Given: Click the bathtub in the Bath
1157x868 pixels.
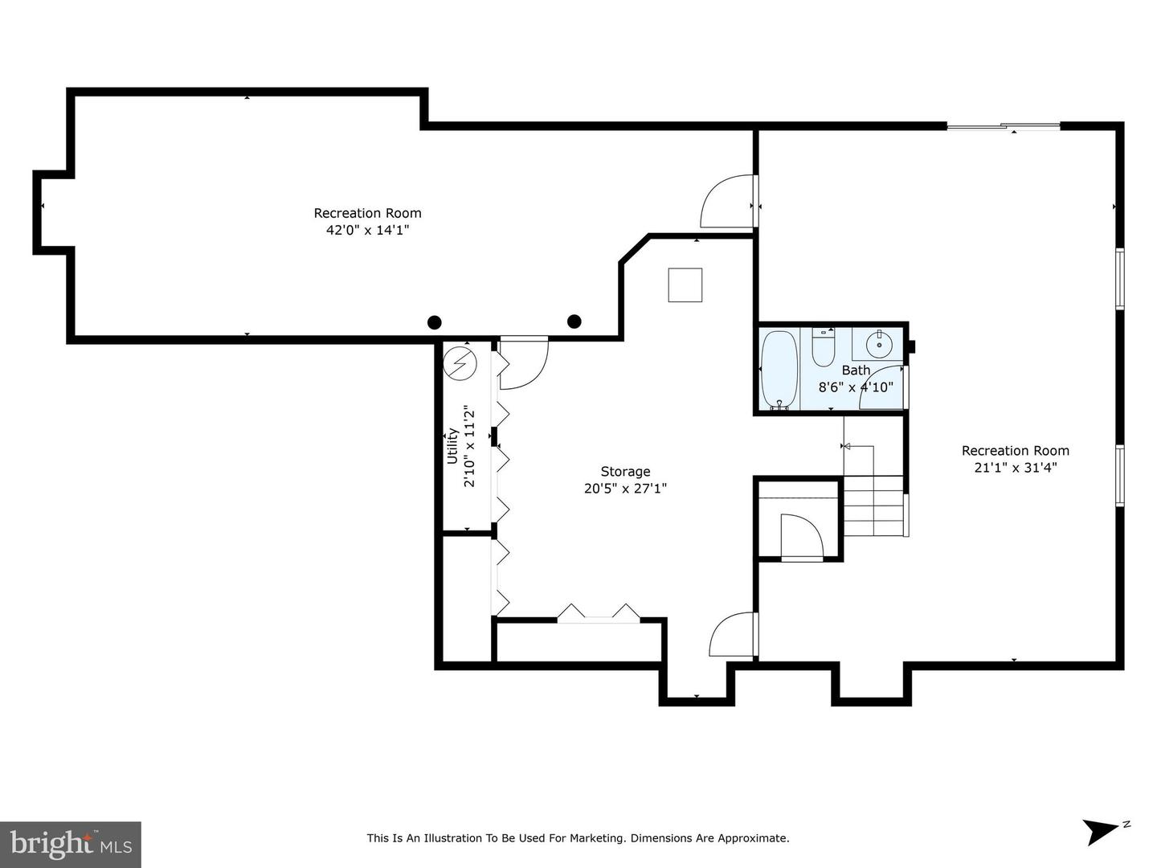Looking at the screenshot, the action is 779,369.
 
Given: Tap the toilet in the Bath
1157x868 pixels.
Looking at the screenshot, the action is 821,346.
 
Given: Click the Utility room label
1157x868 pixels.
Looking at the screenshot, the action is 452,446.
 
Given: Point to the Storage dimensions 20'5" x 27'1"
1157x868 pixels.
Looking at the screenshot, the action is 625,489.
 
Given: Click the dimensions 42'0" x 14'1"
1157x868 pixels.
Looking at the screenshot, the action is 367,230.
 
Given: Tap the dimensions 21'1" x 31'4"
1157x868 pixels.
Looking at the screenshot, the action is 1016,468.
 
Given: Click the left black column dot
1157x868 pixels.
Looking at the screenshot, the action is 434,322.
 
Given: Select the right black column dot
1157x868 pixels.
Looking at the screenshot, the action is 574,321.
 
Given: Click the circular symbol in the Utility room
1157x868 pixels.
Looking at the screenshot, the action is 460,363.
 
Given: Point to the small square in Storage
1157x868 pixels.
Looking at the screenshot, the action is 685,285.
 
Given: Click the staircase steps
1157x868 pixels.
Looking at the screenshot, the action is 875,506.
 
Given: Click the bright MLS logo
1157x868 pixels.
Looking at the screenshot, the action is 71,844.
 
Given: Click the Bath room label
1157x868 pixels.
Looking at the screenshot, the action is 856,370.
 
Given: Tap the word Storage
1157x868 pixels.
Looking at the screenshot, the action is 625,471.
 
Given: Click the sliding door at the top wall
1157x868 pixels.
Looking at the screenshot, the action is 1004,126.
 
